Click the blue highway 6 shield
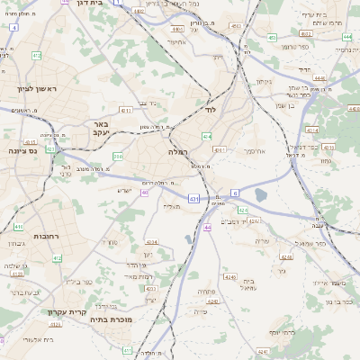pos(235,193)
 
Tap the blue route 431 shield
pos(194,197)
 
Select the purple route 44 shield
pos(207,228)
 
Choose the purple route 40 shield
pos(145,192)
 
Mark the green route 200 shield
pos(118,157)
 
